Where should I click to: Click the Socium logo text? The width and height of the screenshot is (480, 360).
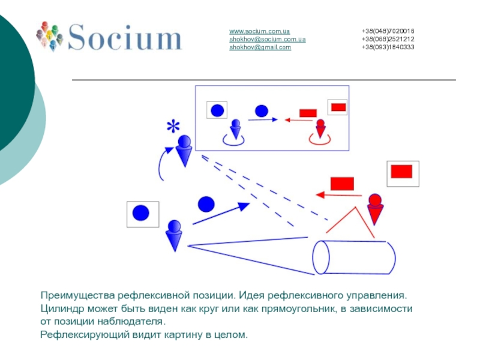125,37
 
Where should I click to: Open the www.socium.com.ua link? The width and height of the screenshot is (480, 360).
259,31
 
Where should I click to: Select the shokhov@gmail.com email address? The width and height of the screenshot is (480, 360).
260,47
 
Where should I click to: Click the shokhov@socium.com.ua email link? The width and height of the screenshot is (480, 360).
267,39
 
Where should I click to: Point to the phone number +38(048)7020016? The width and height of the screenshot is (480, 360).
388,31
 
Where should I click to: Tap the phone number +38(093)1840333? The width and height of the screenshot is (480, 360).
388,47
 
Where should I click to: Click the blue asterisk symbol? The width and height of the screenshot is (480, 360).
173,127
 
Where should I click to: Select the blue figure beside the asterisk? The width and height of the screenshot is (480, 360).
184,151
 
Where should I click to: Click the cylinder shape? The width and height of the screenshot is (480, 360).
354,257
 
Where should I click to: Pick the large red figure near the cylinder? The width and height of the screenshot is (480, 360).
375,208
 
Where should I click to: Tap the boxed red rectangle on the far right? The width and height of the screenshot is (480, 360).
402,173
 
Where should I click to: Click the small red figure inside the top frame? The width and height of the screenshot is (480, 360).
320,129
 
